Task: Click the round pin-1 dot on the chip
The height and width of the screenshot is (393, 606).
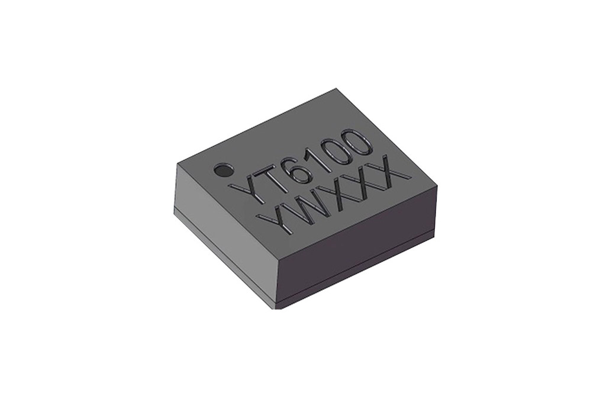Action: tap(223, 170)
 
